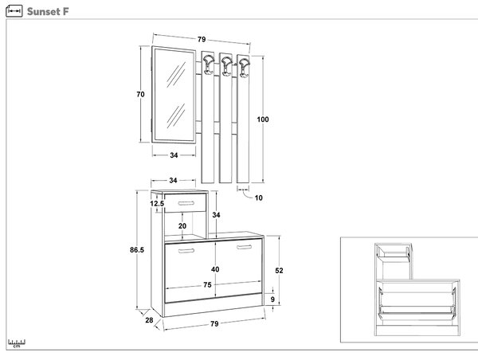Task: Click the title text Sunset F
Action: [x=48, y=12]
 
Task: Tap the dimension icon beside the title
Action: [x=14, y=11]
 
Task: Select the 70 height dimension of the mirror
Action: [x=140, y=95]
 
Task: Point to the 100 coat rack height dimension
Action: [x=263, y=119]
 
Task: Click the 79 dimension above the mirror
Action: [x=202, y=39]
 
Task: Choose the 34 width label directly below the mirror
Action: [x=174, y=155]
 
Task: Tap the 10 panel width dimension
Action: [x=258, y=198]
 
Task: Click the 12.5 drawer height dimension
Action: [x=157, y=203]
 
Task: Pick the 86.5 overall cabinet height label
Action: [x=137, y=250]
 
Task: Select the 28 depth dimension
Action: [x=149, y=320]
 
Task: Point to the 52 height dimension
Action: [x=279, y=270]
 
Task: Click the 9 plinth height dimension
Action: [x=272, y=299]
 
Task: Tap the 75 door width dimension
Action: [x=207, y=284]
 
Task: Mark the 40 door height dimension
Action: [x=215, y=269]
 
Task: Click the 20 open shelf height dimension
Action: [x=182, y=226]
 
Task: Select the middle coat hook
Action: [x=227, y=65]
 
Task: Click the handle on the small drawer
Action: [x=186, y=203]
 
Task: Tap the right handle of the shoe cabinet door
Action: [x=245, y=247]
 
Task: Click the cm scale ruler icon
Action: [x=17, y=343]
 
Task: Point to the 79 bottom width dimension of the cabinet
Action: [x=214, y=323]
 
